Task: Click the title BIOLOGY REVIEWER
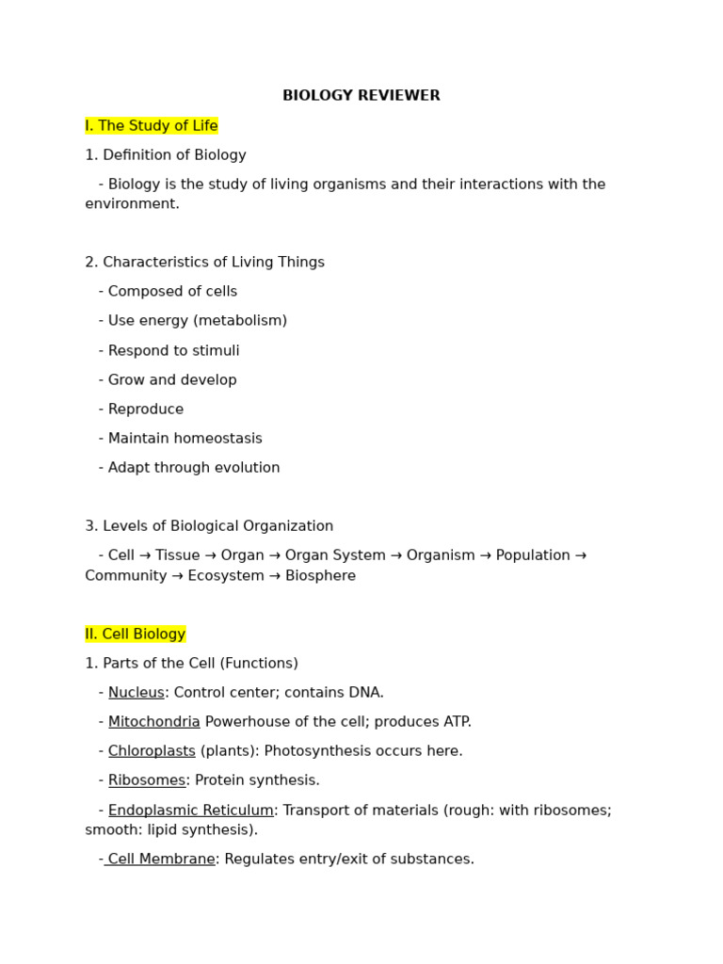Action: (x=361, y=96)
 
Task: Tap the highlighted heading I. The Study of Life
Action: (x=152, y=126)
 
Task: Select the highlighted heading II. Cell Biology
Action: (x=136, y=635)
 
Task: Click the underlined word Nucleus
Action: (x=137, y=693)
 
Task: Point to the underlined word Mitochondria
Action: (x=154, y=722)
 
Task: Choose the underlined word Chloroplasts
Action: (x=152, y=751)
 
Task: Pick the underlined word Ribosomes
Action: (x=147, y=780)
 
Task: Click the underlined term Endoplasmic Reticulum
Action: (x=191, y=811)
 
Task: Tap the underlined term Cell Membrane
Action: (x=161, y=860)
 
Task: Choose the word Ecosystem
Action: (x=226, y=576)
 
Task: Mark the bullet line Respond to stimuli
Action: (x=173, y=351)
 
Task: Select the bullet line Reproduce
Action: (x=146, y=410)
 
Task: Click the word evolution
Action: (x=247, y=468)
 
